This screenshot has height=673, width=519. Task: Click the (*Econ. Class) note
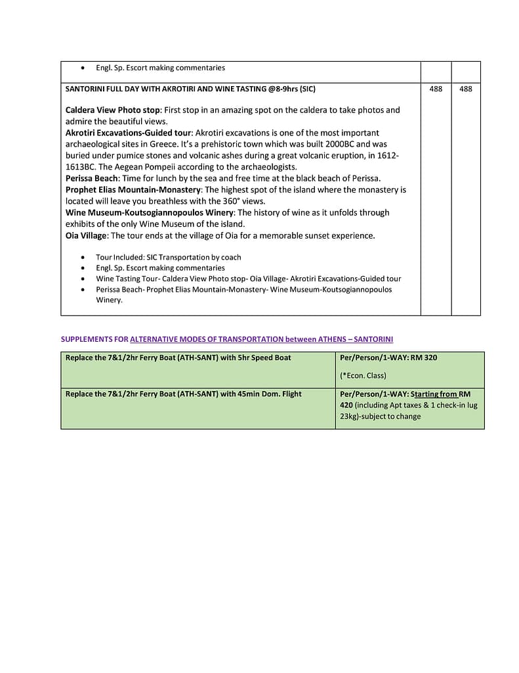pyautogui.click(x=363, y=375)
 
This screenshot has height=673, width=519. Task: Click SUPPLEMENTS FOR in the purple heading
pyautogui.click(x=94, y=339)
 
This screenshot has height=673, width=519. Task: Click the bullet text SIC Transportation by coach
pyautogui.click(x=194, y=257)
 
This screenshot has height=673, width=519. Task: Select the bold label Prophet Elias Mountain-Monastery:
pyautogui.click(x=133, y=190)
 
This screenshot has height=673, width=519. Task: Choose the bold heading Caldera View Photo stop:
pyautogui.click(x=113, y=110)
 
